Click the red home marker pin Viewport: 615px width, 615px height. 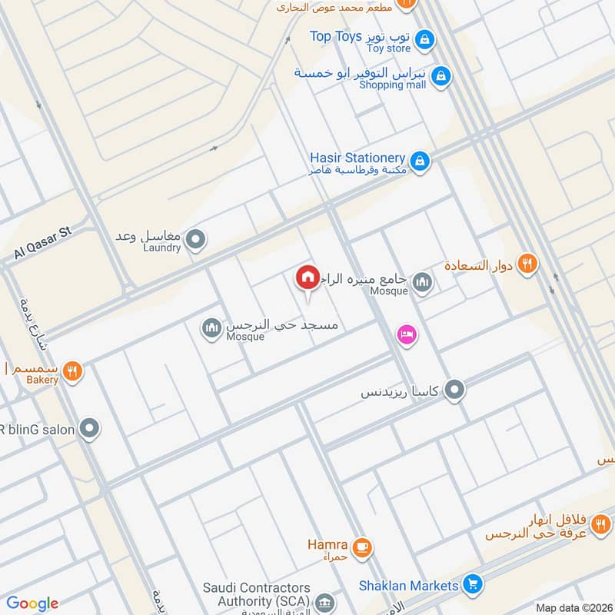click(307, 278)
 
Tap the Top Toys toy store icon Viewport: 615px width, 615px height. click(424, 38)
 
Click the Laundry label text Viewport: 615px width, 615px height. click(161, 248)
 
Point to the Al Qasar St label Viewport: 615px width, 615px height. click(42, 244)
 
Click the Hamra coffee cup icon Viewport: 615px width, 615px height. click(363, 547)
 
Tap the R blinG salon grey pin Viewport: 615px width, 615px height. click(91, 429)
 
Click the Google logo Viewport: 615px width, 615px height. click(32, 603)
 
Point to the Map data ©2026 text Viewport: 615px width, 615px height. click(573, 608)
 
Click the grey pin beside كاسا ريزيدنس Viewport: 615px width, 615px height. click(455, 391)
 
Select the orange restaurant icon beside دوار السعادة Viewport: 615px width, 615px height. click(527, 264)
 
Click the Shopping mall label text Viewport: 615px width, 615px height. click(392, 85)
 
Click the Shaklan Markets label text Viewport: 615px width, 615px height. click(409, 586)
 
